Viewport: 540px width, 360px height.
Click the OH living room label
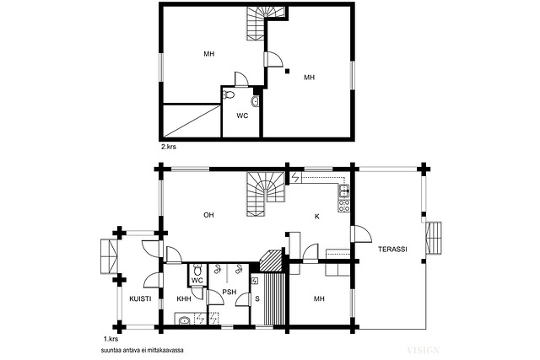208,215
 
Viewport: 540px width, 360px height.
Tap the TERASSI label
392,249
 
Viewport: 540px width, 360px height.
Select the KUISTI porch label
140,298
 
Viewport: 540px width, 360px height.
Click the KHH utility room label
184,298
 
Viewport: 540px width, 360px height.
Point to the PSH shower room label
229,292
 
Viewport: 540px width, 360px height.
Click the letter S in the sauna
256,298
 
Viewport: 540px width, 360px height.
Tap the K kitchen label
317,217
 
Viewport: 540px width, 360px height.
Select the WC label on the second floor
242,116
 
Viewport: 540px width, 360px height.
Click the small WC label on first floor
197,281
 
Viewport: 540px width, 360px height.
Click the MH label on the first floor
319,298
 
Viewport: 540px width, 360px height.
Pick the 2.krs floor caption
169,147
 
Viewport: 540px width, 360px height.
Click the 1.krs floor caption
111,339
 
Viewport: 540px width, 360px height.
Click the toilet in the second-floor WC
229,94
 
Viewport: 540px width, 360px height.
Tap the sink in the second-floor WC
255,101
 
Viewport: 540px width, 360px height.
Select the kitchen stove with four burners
344,206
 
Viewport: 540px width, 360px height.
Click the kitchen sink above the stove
344,191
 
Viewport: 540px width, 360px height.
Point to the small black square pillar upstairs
287,72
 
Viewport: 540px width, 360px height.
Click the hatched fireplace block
271,261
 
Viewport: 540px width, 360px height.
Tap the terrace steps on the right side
434,238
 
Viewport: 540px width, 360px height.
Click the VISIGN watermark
424,351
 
